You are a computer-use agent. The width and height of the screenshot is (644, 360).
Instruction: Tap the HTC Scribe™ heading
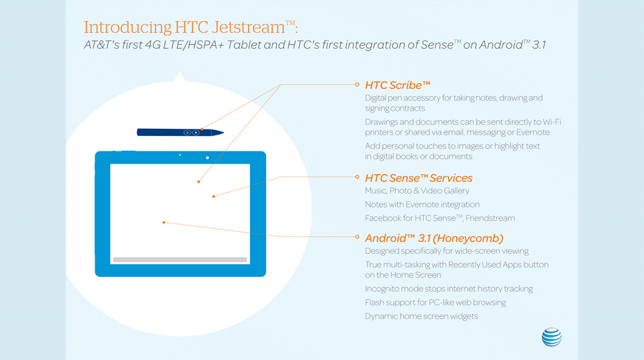click(x=397, y=85)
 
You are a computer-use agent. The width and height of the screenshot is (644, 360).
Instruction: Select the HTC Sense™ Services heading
click(x=419, y=178)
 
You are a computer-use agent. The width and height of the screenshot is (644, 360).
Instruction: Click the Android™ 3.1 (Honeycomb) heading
click(x=434, y=237)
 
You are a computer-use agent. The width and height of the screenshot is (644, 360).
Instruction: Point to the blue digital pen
click(x=180, y=132)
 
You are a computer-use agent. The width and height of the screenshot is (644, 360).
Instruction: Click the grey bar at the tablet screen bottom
click(x=180, y=260)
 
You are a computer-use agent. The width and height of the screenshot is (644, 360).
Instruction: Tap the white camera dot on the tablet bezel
click(x=207, y=158)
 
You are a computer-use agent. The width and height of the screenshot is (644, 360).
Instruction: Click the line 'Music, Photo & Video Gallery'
click(x=417, y=191)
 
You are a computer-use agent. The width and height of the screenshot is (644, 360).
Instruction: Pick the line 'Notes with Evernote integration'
click(x=422, y=204)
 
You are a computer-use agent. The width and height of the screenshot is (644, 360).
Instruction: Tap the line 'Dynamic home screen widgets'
click(x=421, y=316)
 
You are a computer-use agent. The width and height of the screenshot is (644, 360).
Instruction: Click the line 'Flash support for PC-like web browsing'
click(x=435, y=302)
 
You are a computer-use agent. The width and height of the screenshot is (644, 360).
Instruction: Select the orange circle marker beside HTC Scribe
click(x=357, y=84)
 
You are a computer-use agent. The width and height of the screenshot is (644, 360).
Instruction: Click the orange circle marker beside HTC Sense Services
click(x=357, y=177)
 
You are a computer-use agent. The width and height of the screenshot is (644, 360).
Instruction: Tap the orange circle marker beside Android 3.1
click(x=357, y=236)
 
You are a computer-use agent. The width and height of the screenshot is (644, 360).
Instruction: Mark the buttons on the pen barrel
click(x=191, y=132)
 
